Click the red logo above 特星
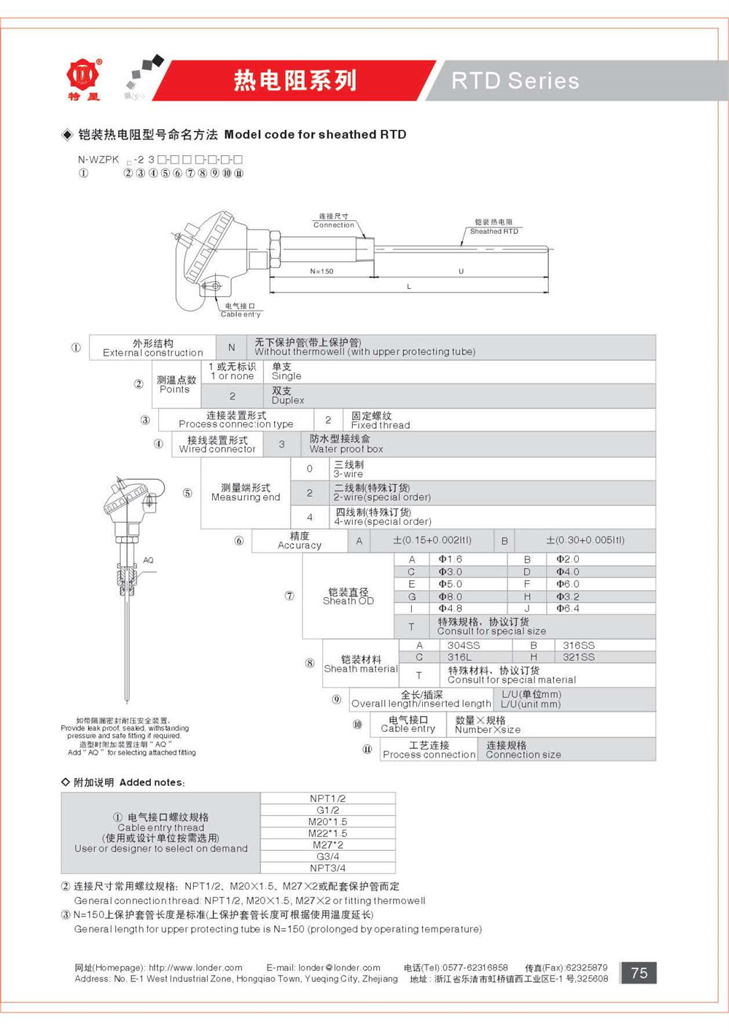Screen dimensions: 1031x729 [x=83, y=74]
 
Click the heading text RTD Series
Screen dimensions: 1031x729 [x=515, y=81]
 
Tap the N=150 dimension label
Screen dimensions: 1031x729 [x=321, y=271]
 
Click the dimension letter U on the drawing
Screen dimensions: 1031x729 [x=461, y=271]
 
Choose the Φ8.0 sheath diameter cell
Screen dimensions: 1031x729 [x=450, y=596]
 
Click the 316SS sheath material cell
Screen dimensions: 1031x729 [x=578, y=645]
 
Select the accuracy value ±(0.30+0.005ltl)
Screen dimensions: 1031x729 [x=585, y=540]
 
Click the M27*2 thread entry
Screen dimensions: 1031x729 [x=328, y=844]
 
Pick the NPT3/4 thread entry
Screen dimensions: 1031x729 [x=328, y=868]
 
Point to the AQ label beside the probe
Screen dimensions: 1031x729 [x=149, y=560]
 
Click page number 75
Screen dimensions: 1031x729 [x=639, y=973]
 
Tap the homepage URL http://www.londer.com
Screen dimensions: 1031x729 [x=195, y=968]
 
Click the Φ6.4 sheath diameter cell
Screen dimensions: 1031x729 [x=567, y=608]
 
